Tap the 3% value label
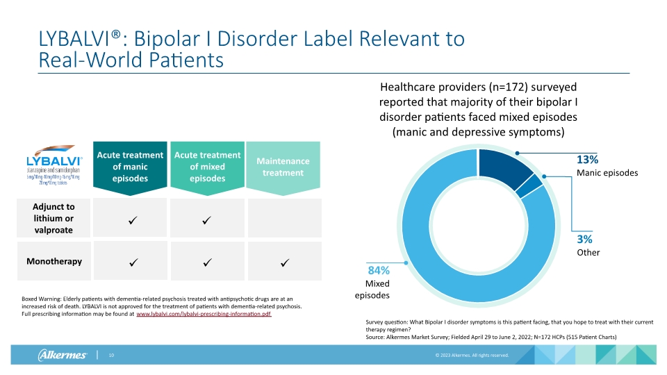pyautogui.click(x=584, y=239)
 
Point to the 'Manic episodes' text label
pyautogui.click(x=607, y=173)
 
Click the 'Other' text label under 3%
pyautogui.click(x=588, y=253)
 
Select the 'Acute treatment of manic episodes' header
pyautogui.click(x=130, y=167)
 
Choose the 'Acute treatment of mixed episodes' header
pyautogui.click(x=207, y=167)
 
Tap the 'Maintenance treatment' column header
pyautogui.click(x=283, y=167)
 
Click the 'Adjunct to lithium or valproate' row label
pyautogui.click(x=53, y=218)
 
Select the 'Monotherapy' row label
pyautogui.click(x=53, y=262)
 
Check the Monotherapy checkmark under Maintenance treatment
pyautogui.click(x=284, y=263)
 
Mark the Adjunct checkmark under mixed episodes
pyautogui.click(x=206, y=220)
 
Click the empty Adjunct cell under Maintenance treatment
pyautogui.click(x=284, y=218)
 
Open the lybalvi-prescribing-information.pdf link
pyautogui.click(x=204, y=315)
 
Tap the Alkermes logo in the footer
pyautogui.click(x=62, y=356)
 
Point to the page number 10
pyautogui.click(x=110, y=356)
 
